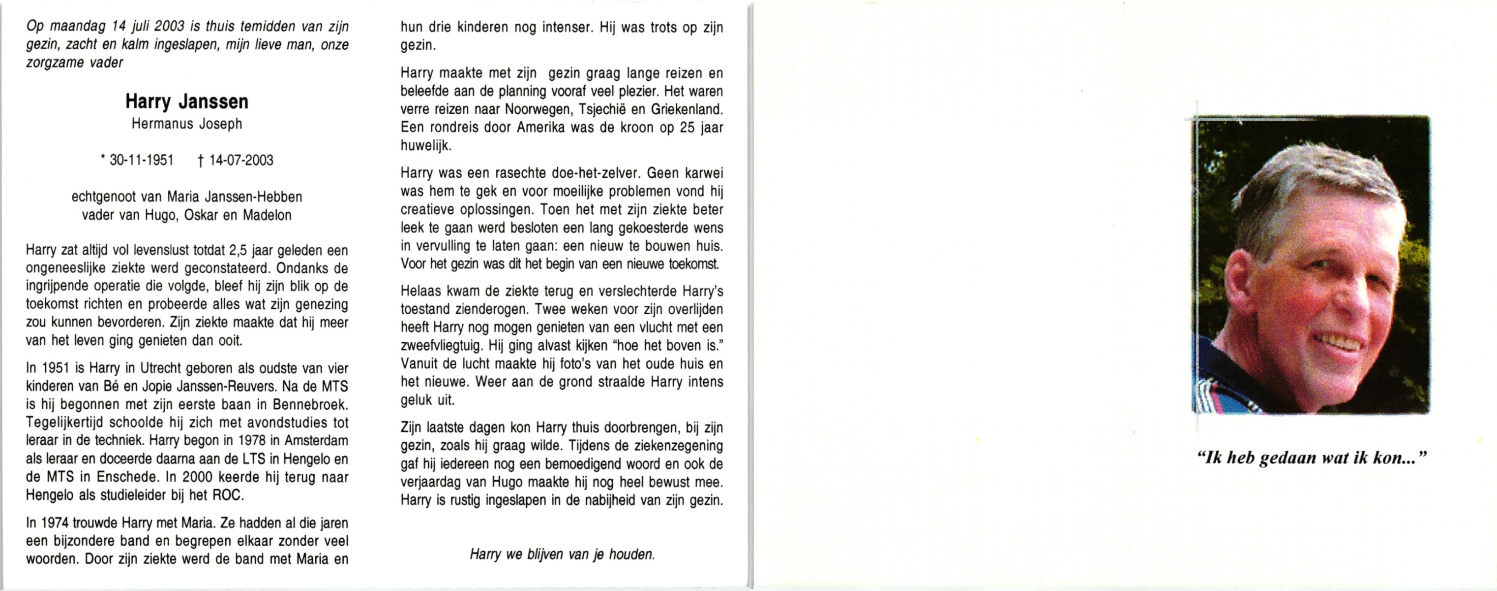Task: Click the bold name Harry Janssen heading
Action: click(186, 102)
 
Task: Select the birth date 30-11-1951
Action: click(141, 161)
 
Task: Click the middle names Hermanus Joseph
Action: click(186, 124)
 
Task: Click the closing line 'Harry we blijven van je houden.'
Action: click(562, 555)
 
